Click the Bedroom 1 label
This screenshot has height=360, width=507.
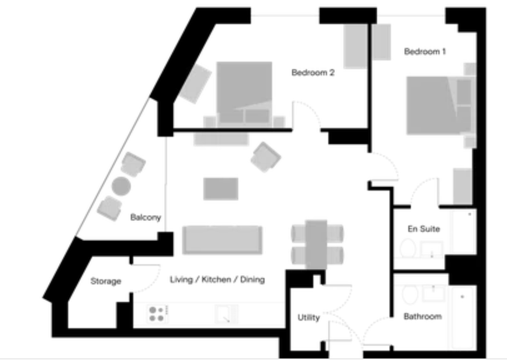425,51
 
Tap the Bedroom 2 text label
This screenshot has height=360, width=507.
313,73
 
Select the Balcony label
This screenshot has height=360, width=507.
146,218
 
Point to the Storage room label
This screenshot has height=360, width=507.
106,281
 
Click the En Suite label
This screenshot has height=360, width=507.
423,229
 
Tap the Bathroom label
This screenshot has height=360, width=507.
423,316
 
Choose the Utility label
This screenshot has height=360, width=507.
309,317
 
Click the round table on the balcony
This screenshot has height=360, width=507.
121,186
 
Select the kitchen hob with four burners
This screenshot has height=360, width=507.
157,314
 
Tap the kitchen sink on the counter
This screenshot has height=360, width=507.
226,314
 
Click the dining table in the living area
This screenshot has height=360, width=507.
316,244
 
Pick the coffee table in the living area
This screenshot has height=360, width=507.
221,189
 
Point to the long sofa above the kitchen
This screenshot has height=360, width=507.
222,240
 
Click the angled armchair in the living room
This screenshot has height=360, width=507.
266,157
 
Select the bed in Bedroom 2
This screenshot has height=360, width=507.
244,93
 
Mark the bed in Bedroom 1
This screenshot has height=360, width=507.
439,105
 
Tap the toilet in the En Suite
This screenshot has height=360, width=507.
408,248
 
